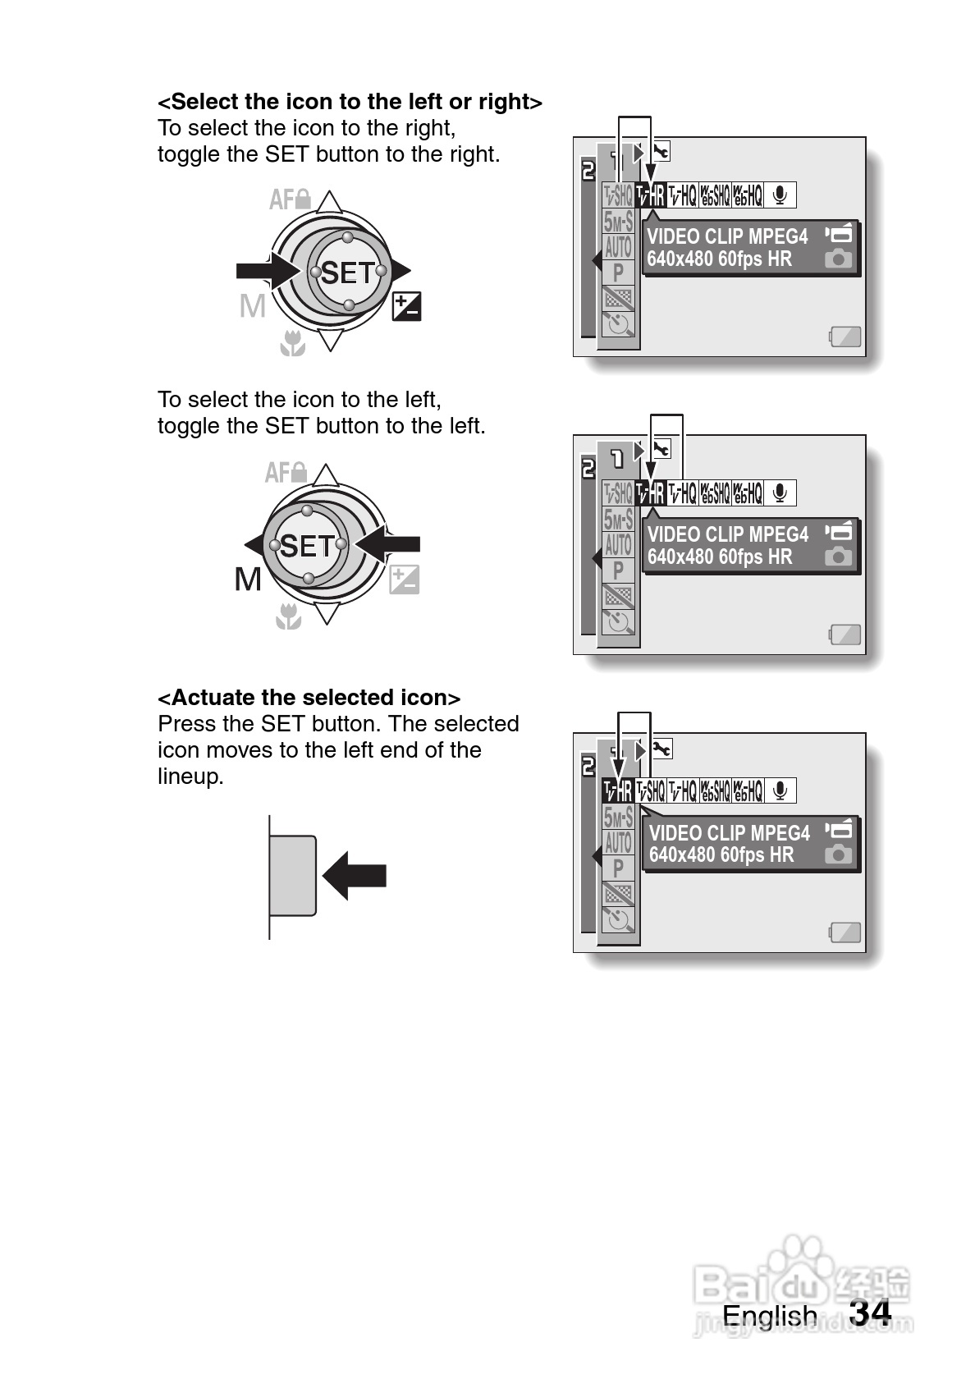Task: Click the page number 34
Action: coord(870,1313)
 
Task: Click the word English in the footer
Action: coord(769,1316)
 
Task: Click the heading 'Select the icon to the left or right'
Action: coord(350,102)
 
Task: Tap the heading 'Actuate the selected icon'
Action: coord(309,698)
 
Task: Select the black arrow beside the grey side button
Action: coord(355,876)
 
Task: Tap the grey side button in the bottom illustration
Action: coord(293,876)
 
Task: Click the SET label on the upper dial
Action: coord(347,273)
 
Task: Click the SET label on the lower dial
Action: coord(307,546)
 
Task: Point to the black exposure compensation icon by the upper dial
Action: coord(406,306)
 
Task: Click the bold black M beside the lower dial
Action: coord(248,579)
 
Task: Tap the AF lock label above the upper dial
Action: coord(290,199)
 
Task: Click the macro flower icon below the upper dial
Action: coord(292,344)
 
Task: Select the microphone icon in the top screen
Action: coord(780,195)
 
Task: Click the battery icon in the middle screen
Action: coord(845,635)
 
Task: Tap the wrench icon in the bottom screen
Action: coord(661,748)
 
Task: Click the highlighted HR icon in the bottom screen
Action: coord(618,790)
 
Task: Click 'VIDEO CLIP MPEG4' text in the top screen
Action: coord(727,236)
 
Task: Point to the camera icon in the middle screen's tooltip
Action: coord(838,557)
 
